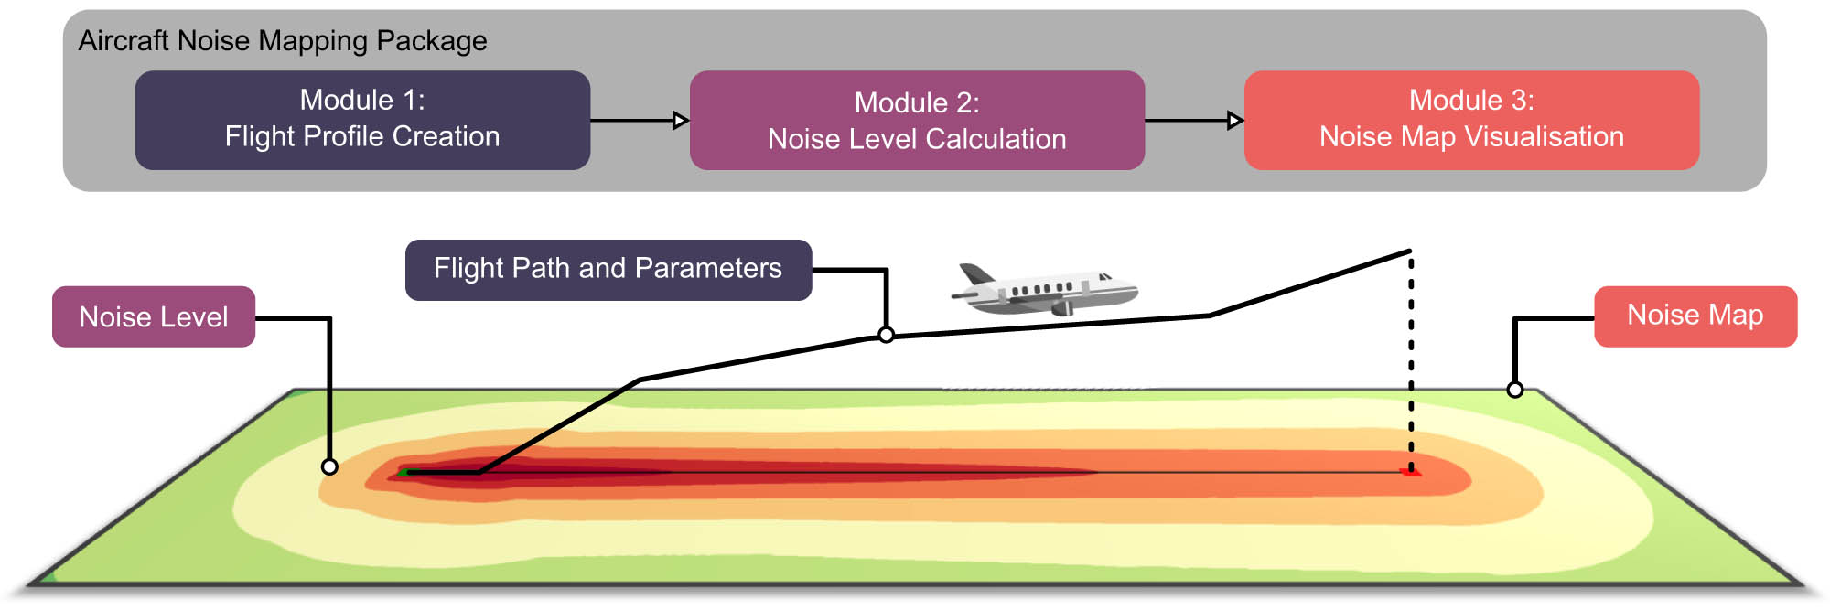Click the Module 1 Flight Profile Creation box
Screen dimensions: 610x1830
tap(362, 120)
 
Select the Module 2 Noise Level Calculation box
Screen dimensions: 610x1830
tap(917, 120)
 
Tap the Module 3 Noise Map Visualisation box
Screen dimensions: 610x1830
tap(1471, 120)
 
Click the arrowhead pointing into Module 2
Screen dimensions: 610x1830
tap(681, 120)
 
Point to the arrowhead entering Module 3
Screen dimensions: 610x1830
tap(1235, 120)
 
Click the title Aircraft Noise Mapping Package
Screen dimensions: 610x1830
tap(282, 40)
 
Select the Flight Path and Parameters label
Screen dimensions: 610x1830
tap(608, 269)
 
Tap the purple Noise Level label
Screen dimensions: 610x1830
tap(153, 316)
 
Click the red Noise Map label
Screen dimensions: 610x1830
tap(1695, 316)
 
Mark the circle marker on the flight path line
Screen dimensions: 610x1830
tap(886, 335)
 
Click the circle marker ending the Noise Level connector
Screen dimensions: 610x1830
tap(329, 466)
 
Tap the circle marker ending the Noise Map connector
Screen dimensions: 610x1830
tap(1515, 390)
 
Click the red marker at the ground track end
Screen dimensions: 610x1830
tap(1412, 472)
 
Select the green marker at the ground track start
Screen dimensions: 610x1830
tap(404, 472)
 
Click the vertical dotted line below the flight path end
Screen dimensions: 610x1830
tap(1411, 366)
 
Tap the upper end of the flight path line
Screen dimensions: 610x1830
tap(1409, 251)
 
